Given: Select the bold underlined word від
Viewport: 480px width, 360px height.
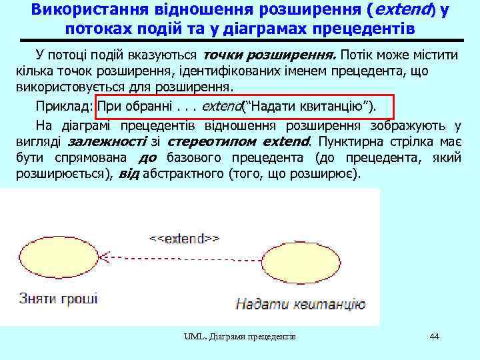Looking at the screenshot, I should [130, 175].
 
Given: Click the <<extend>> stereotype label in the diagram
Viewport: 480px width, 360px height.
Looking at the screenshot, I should [184, 238].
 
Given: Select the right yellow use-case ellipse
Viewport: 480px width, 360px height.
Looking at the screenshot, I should [301, 262].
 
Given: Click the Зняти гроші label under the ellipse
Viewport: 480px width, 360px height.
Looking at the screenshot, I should [59, 297].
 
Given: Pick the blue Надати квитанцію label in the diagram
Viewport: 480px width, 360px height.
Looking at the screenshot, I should [301, 305].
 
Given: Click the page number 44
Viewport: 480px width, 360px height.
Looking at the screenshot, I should [435, 337].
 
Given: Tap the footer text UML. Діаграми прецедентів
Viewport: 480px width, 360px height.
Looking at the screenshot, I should [240, 337].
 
